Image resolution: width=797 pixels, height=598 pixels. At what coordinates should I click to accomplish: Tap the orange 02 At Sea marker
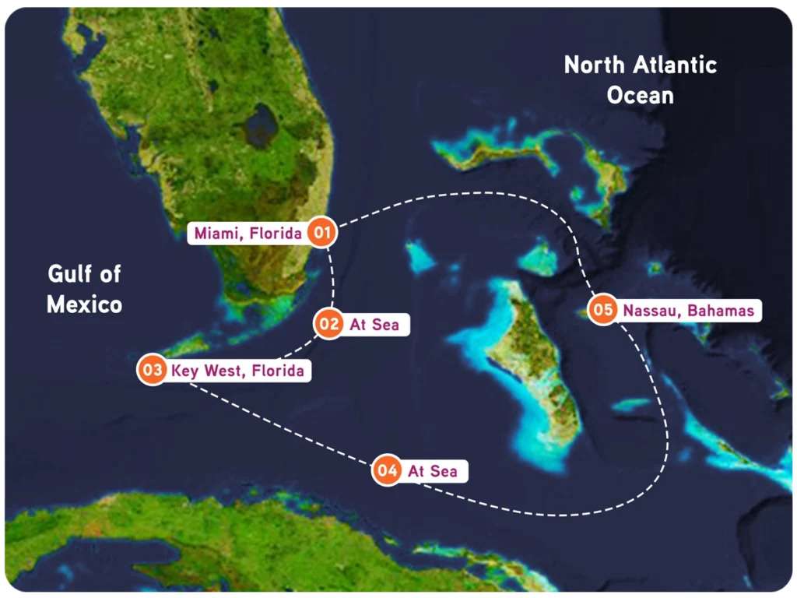[329, 324]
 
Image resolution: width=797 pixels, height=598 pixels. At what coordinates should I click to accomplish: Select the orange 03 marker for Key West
[153, 370]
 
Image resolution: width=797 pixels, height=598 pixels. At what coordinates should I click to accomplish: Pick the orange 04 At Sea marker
[387, 470]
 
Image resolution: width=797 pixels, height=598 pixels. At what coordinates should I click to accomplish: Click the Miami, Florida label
[248, 233]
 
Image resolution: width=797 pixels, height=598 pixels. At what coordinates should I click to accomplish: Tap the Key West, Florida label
[237, 371]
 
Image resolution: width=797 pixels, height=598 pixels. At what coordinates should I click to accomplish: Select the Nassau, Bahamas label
[687, 311]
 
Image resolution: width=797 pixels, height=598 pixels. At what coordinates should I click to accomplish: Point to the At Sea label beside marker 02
[374, 325]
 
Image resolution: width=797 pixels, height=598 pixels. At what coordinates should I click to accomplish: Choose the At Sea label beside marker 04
[432, 471]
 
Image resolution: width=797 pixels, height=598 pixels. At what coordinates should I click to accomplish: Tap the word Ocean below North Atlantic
[640, 96]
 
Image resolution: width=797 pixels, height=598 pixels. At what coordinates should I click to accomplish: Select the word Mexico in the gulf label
[84, 304]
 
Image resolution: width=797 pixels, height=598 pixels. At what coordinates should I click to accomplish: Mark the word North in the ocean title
[592, 65]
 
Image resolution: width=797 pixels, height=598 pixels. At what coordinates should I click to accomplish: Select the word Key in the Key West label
[185, 371]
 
